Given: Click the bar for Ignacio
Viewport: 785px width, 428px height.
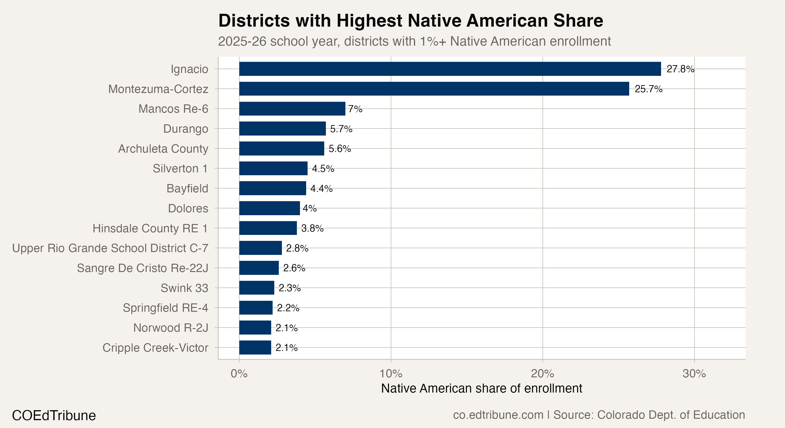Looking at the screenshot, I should (x=450, y=69).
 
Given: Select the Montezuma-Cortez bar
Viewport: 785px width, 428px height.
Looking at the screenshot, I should (x=434, y=89).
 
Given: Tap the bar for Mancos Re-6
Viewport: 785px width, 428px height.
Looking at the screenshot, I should (x=292, y=109).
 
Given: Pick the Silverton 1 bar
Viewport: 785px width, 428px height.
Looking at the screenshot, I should (x=273, y=168).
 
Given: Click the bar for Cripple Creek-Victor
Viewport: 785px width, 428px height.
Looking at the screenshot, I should (x=255, y=348).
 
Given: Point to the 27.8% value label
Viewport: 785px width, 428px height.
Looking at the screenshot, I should (x=680, y=69).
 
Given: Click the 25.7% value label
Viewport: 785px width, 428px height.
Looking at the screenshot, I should (x=648, y=89).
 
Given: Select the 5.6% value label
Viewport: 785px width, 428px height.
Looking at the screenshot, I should (x=339, y=149).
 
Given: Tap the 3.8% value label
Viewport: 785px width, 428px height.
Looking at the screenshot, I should (x=312, y=228).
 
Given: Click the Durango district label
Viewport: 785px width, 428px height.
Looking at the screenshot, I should (x=185, y=129).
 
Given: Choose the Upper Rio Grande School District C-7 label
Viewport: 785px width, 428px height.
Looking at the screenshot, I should (x=110, y=248).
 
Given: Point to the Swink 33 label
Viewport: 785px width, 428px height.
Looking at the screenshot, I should (x=184, y=288).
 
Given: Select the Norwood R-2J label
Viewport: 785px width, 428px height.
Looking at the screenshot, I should (x=171, y=328).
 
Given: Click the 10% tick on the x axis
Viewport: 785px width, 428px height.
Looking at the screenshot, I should (x=391, y=374).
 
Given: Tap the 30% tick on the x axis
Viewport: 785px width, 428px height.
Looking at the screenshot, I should (x=694, y=374).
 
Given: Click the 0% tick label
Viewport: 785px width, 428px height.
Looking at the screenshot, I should (x=239, y=374).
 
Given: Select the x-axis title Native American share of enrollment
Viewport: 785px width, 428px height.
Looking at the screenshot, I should (x=481, y=388).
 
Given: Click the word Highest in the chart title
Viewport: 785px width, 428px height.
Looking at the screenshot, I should (x=369, y=21).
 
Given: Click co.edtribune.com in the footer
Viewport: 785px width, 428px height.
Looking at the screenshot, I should (x=498, y=415).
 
